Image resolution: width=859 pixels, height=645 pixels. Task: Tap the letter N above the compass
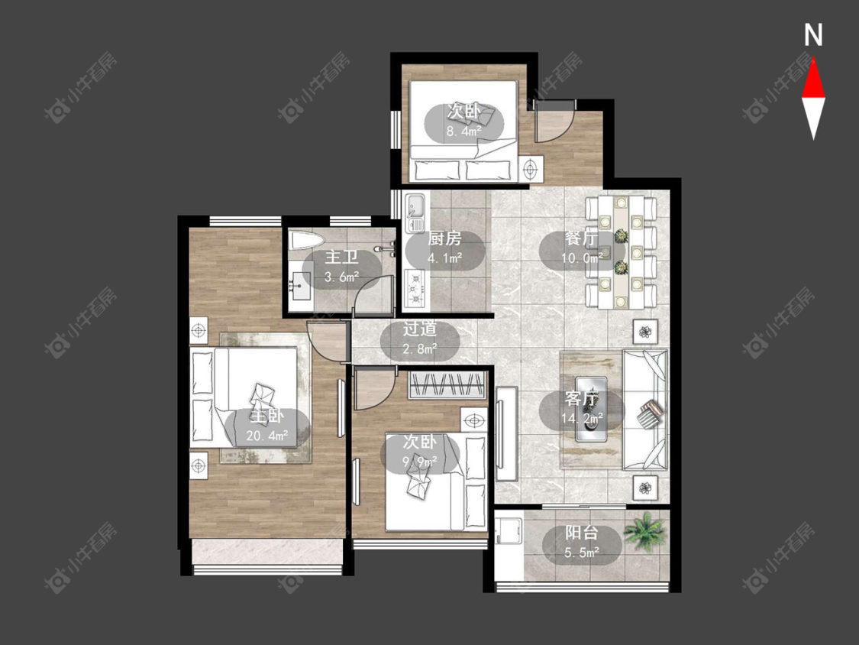[813, 35]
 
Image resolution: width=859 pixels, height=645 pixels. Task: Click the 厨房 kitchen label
[444, 238]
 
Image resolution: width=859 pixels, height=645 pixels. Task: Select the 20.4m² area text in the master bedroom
[267, 436]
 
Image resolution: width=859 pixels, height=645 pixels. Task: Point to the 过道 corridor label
[420, 329]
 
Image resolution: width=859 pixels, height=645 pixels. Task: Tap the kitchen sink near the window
[415, 206]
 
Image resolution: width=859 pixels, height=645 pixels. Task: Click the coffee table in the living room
[591, 408]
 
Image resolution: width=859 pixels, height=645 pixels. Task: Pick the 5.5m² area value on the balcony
[582, 553]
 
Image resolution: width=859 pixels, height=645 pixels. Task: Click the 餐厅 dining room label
[582, 238]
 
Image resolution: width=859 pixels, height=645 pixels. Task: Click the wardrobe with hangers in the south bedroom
[447, 384]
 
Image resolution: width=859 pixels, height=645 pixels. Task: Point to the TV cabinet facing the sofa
[507, 434]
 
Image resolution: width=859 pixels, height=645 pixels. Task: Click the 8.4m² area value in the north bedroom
[464, 131]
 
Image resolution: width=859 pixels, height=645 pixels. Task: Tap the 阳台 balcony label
[582, 533]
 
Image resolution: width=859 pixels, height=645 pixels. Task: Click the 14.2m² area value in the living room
[582, 419]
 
